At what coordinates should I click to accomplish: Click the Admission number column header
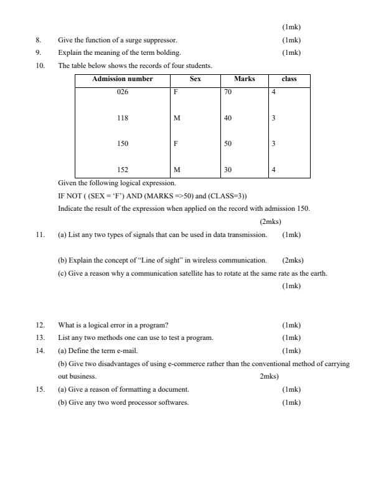[x=122, y=79]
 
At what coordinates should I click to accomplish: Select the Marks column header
[x=245, y=79]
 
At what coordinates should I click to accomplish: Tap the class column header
[x=289, y=79]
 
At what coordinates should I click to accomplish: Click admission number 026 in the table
[x=123, y=92]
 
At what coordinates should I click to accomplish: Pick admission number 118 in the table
[x=123, y=118]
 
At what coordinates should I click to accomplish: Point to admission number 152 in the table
[x=123, y=170]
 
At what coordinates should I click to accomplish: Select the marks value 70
[x=228, y=92]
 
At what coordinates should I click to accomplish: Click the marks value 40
[x=228, y=118]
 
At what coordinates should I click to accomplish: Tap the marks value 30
[x=228, y=170]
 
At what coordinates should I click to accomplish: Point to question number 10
[x=40, y=65]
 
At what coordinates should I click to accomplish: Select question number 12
[x=40, y=325]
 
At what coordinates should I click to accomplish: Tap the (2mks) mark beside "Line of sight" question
[x=293, y=260]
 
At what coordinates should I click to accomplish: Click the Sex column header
[x=195, y=79]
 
